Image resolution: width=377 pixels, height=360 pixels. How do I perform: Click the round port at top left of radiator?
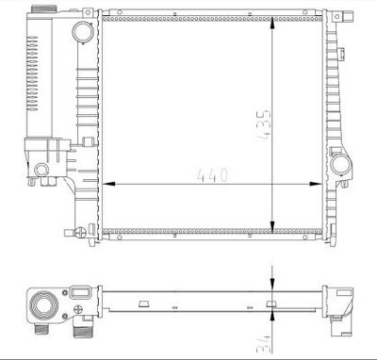pyautogui.click(x=84, y=33)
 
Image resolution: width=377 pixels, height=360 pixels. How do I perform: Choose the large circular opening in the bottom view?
pyautogui.click(x=44, y=306)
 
